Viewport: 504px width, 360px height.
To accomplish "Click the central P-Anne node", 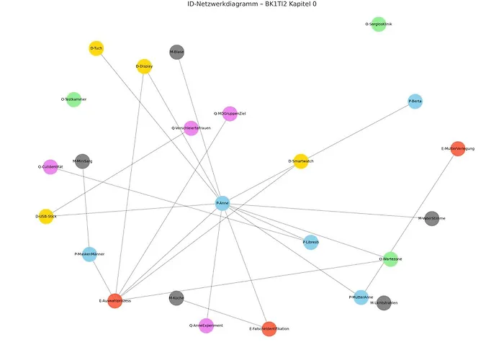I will click(222, 204).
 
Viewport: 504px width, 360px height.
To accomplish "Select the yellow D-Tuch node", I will click(96, 48).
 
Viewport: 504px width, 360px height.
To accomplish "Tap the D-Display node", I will click(144, 66).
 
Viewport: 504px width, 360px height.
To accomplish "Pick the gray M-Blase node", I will click(177, 52).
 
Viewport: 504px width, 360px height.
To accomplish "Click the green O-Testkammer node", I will click(74, 99).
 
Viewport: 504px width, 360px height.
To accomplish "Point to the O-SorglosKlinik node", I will click(379, 24).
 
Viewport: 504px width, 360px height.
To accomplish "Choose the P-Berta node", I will click(415, 102).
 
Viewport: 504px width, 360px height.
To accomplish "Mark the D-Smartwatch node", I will click(301, 161).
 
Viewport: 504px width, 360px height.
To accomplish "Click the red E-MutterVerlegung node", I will click(457, 149).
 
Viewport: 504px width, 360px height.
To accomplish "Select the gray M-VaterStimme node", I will click(431, 218).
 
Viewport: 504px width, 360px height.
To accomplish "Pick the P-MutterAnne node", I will click(361, 297).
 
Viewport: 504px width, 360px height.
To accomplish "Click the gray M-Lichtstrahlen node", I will click(384, 303).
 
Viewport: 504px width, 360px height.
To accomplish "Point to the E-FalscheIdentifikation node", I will click(269, 329).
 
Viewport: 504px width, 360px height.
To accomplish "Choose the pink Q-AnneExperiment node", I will click(206, 325).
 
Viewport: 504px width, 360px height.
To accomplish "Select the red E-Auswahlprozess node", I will click(114, 301).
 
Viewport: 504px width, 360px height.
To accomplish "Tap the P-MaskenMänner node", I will click(89, 254).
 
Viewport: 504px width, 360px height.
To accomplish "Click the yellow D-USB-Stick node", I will click(46, 216).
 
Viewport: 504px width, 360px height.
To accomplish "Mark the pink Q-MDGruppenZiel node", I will click(230, 114).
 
